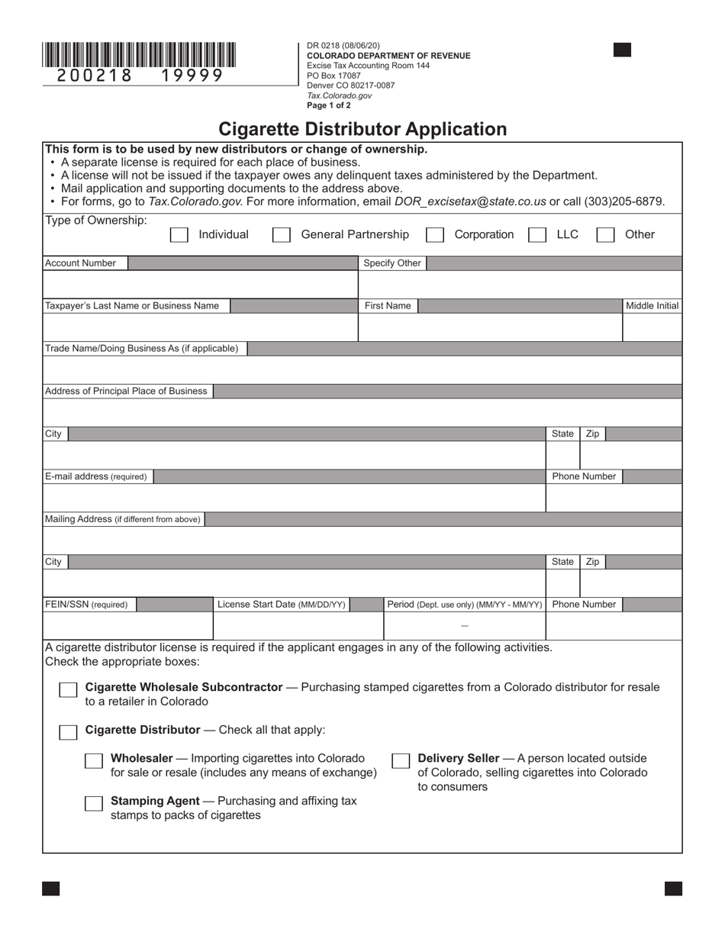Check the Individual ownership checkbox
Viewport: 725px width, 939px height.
coord(179,235)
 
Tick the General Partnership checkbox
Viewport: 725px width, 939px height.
coord(281,235)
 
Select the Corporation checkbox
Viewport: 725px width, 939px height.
coord(435,235)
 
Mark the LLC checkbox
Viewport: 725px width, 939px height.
coord(537,235)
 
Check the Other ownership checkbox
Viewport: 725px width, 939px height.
coord(605,235)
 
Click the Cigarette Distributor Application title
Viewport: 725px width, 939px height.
coord(362,129)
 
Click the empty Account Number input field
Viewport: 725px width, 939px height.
coord(200,284)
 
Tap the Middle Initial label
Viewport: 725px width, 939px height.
coord(652,306)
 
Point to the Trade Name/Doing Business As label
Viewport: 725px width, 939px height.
coord(142,349)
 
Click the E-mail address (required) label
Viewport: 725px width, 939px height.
coord(96,476)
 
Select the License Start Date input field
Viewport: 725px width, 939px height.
coord(298,625)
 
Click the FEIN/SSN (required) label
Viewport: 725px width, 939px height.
coord(87,605)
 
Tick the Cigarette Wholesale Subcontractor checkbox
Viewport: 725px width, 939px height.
coord(68,690)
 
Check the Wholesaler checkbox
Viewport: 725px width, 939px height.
coord(94,761)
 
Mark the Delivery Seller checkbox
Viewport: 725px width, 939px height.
coord(401,761)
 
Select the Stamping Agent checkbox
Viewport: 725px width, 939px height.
coord(94,804)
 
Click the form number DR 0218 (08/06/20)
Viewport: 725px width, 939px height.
coord(343,46)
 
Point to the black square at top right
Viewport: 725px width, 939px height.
coord(622,50)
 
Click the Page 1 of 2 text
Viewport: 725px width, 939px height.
coord(329,105)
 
